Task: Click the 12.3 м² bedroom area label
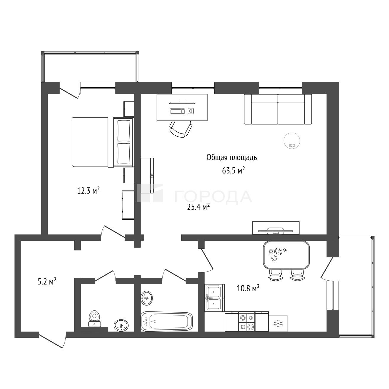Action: pos(89,190)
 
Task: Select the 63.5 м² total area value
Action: pos(234,171)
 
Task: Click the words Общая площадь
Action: pos(232,158)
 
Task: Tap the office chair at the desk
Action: pos(181,129)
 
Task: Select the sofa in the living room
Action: pos(278,109)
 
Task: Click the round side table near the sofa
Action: pos(292,141)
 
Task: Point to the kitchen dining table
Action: pos(286,255)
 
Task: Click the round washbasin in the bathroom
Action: pos(146,298)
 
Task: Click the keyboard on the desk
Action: pos(177,111)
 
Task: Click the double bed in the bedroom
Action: pos(103,142)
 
